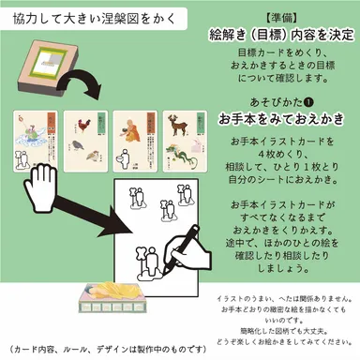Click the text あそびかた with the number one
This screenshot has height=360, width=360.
click(x=270, y=99)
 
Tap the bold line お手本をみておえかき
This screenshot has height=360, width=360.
click(x=269, y=119)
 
